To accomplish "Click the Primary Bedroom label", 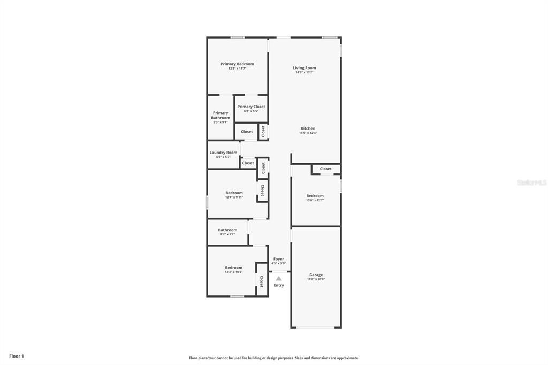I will (x=237, y=64).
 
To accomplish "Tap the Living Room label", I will (x=304, y=68).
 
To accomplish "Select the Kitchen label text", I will (x=308, y=128).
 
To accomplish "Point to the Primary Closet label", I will (x=251, y=107).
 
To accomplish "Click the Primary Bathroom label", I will (x=220, y=115).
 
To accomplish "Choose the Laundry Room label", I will (x=223, y=153).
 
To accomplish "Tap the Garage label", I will (x=316, y=275).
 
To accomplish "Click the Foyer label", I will (x=278, y=259).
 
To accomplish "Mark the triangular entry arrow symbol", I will (x=279, y=278).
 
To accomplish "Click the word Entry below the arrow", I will (x=279, y=285).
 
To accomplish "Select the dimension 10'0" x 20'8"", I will (x=316, y=279).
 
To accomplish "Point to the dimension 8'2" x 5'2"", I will (x=227, y=234).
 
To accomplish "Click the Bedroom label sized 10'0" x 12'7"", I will (x=315, y=196).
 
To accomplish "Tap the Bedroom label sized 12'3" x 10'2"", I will (x=233, y=268).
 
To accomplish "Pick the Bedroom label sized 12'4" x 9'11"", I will (x=234, y=193).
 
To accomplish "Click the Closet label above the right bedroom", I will (x=326, y=169).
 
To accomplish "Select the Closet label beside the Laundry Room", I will (x=248, y=163).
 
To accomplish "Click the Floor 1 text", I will (x=17, y=356).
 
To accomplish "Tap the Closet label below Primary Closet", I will (x=247, y=132).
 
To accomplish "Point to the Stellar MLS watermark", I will (x=531, y=182).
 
